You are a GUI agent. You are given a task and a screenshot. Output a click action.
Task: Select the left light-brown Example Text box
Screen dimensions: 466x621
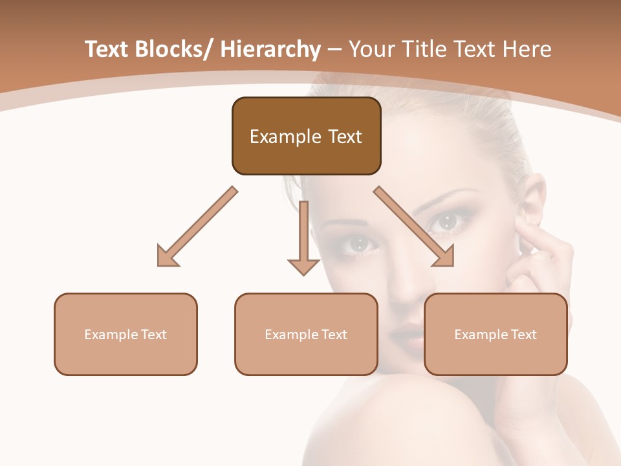(125, 334)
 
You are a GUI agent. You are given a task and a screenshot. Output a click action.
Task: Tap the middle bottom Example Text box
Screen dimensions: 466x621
(306, 334)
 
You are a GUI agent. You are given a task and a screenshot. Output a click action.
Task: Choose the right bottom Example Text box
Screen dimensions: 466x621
(496, 334)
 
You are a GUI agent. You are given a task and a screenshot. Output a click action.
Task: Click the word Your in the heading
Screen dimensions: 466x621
(371, 49)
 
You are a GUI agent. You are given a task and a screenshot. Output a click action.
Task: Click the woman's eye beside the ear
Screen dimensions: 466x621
(446, 222)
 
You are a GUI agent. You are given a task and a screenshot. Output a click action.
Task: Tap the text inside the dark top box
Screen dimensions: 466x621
(306, 137)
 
